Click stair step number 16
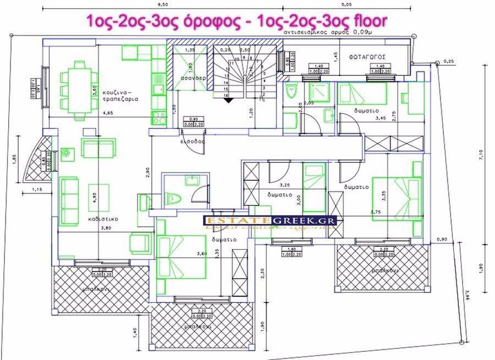click(x=226, y=95)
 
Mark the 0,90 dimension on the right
click(x=440, y=240)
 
